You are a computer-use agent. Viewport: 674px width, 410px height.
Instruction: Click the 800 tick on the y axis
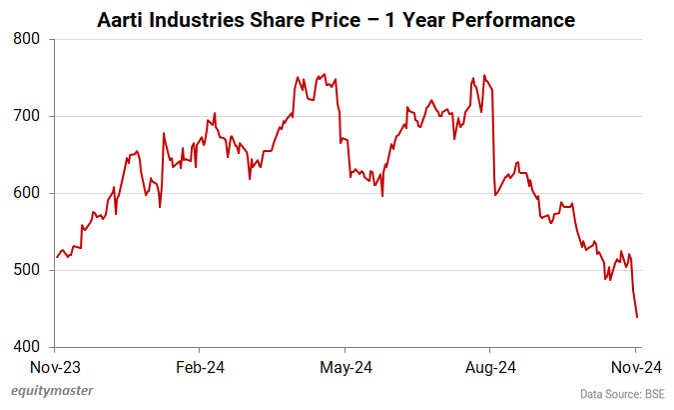point(27,39)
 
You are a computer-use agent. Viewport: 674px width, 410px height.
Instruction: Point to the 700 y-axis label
point(27,116)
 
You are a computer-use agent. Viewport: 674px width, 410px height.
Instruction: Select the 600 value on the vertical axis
point(27,193)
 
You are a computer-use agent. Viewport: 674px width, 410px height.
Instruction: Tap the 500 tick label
point(27,270)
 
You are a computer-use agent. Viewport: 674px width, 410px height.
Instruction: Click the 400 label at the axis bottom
point(27,347)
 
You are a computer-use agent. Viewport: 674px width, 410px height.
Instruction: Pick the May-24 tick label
point(344,367)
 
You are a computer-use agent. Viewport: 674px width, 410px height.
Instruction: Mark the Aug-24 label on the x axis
point(490,367)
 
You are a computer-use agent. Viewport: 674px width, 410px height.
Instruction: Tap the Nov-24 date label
point(637,367)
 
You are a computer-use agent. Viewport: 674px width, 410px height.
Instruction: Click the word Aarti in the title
point(121,19)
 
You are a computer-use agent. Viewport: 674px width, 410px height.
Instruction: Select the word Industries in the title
point(198,19)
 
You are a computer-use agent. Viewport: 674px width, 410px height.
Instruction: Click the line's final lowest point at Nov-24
point(637,317)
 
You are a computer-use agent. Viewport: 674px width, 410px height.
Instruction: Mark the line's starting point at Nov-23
point(57,258)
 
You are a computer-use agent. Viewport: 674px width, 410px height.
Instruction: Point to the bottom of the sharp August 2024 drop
point(495,194)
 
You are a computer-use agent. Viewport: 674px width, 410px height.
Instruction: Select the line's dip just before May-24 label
point(340,143)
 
